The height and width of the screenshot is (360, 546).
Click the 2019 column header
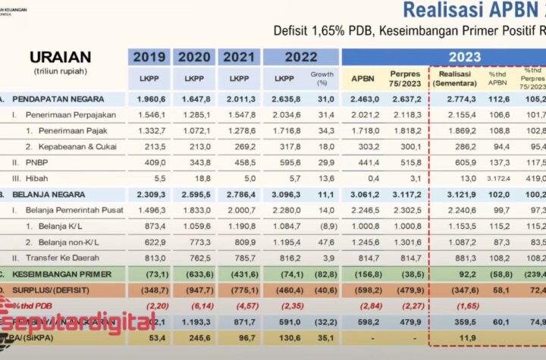click(149, 56)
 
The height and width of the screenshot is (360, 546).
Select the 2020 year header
click(194, 56)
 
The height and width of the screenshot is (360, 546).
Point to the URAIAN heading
click(60, 58)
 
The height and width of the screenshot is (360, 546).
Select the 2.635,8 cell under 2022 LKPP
click(284, 99)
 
